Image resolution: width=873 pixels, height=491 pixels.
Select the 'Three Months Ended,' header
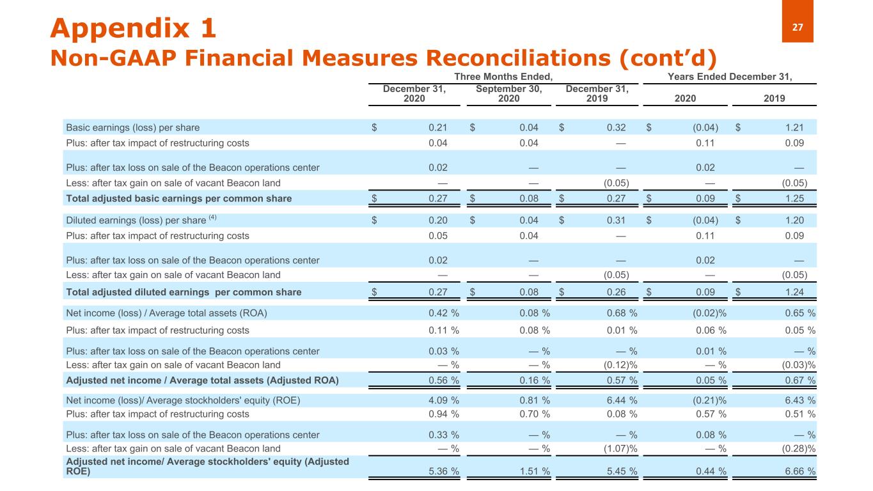(x=503, y=77)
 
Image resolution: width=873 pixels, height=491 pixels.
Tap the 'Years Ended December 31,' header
(x=730, y=77)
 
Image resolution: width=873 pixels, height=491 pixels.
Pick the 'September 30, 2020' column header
(x=509, y=94)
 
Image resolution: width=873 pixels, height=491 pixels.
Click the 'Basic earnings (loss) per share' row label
(x=132, y=127)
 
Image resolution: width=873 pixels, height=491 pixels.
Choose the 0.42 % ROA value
(x=443, y=313)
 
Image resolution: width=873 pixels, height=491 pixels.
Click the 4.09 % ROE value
(x=443, y=401)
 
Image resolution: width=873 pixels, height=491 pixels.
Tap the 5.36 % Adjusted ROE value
(x=443, y=472)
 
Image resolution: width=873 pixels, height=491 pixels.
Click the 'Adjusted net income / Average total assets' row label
(x=202, y=380)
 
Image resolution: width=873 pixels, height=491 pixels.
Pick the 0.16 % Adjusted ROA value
(x=535, y=380)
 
